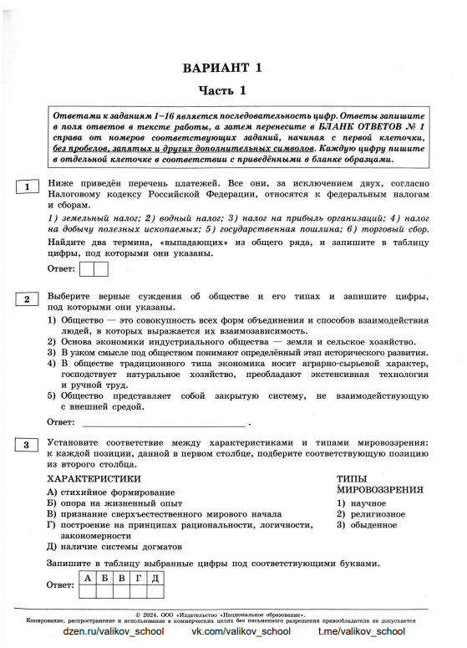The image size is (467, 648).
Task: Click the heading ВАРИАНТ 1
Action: pyautogui.click(x=233, y=68)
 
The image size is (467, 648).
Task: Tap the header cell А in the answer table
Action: pyautogui.click(x=87, y=577)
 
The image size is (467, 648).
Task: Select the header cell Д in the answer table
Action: pyautogui.click(x=155, y=577)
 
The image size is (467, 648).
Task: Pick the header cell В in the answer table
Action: pyautogui.click(x=120, y=577)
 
